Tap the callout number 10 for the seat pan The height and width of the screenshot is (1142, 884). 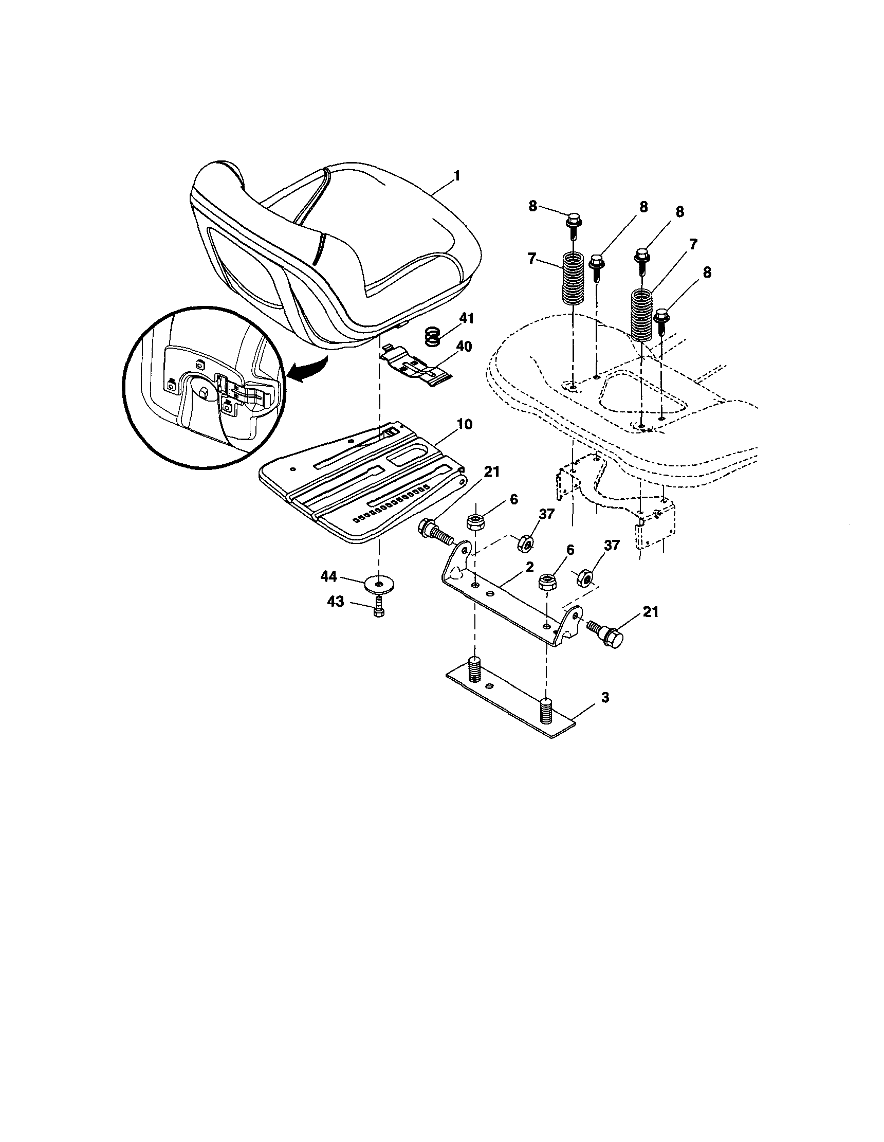[465, 424]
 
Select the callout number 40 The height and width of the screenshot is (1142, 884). [464, 346]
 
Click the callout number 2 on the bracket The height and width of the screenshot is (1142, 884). [529, 566]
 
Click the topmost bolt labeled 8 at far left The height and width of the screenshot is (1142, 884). [574, 223]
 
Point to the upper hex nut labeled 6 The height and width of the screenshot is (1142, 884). [476, 521]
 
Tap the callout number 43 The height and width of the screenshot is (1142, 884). [336, 602]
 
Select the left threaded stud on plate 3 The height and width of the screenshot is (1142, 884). [474, 670]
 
